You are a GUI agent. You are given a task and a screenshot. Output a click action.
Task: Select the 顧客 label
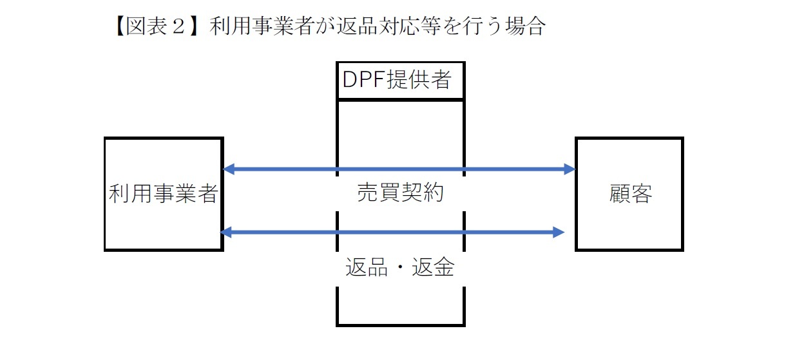pyautogui.click(x=630, y=194)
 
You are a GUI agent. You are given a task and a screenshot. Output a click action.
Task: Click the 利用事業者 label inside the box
pyautogui.click(x=164, y=194)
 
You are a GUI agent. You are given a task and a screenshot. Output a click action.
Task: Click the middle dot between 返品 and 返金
pyautogui.click(x=400, y=267)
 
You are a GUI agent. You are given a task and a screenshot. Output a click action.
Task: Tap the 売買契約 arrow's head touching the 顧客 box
pyautogui.click(x=570, y=169)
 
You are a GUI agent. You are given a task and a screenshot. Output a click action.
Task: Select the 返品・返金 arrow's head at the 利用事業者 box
pyautogui.click(x=226, y=232)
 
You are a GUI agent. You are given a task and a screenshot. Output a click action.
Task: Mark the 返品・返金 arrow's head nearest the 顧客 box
pyautogui.click(x=559, y=232)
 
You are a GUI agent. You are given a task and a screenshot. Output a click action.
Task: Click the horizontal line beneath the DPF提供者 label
pyautogui.click(x=400, y=100)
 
